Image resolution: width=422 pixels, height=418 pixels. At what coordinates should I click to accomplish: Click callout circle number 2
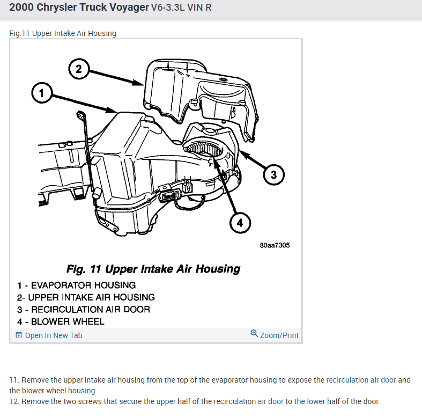point(78,69)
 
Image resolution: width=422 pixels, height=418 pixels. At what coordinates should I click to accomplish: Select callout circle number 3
point(273,174)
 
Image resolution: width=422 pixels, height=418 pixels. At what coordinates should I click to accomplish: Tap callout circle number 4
point(240,223)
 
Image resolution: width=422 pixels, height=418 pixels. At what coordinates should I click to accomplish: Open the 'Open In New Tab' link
point(54,335)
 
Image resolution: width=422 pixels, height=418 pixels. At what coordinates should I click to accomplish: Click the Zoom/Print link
point(279,335)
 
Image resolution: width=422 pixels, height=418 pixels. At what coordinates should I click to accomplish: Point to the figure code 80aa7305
point(274,245)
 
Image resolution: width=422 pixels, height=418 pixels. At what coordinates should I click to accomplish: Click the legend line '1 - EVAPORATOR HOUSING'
point(76,285)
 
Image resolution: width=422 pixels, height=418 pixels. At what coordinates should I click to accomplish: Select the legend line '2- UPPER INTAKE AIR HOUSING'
point(86,297)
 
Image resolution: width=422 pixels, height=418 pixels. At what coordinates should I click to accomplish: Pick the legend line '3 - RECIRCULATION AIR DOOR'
point(83,310)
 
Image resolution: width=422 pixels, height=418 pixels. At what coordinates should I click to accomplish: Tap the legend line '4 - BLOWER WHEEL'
point(61,322)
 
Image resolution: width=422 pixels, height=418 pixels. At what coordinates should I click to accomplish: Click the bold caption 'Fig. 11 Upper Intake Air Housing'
point(153,269)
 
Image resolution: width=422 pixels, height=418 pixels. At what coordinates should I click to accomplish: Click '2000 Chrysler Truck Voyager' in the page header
point(78,9)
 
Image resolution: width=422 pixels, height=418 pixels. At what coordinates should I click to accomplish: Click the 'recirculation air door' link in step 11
point(361,380)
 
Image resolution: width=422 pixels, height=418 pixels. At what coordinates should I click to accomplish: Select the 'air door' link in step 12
point(271,401)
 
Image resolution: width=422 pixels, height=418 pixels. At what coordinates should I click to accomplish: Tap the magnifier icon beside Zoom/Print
point(254,334)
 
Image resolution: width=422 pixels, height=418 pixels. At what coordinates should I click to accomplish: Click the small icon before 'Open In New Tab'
point(19,335)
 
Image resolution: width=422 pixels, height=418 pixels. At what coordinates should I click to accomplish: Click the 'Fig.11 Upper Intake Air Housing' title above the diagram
point(63,33)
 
